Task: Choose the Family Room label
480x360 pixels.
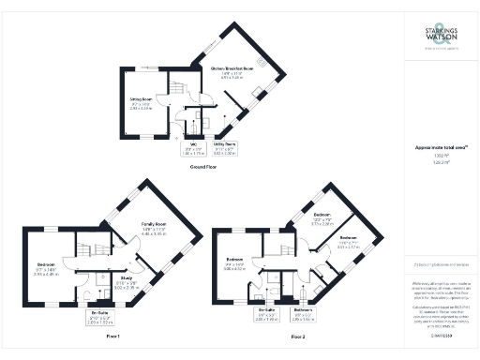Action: click(154, 227)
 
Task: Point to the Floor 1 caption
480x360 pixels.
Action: click(114, 335)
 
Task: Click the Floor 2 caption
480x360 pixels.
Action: click(298, 335)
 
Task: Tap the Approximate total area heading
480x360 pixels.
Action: click(441, 147)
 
